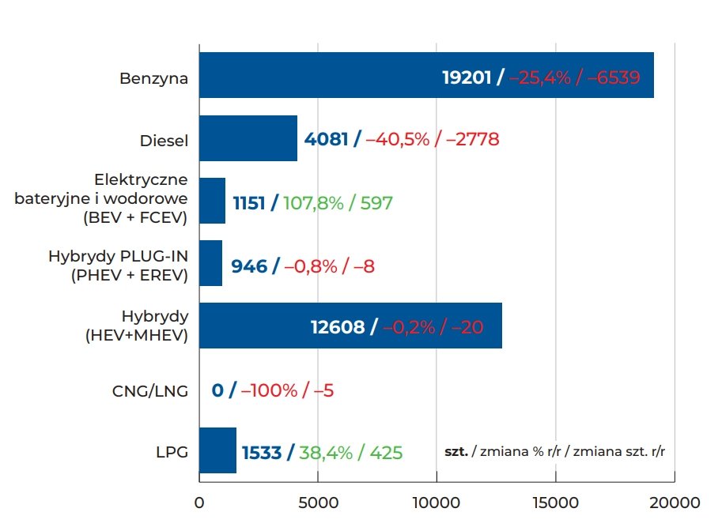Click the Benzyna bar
click(316, 75)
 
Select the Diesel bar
click(248, 138)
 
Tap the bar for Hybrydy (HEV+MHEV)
click(253, 326)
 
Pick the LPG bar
click(217, 450)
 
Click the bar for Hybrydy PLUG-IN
click(210, 263)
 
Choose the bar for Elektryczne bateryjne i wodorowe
click(212, 201)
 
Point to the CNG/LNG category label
click(151, 390)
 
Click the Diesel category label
click(164, 141)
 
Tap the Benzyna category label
click(153, 79)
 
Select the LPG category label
click(172, 453)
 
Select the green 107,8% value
click(315, 203)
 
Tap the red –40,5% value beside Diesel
click(397, 140)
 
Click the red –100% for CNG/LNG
click(270, 390)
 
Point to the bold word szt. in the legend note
click(456, 451)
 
